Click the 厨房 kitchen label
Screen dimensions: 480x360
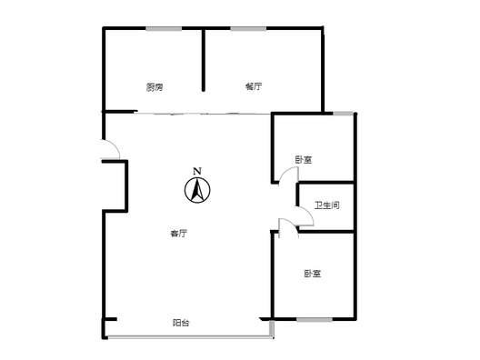click(155, 87)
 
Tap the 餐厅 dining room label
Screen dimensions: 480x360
click(254, 86)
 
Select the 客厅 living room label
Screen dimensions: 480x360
click(179, 234)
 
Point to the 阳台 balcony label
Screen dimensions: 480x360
click(181, 323)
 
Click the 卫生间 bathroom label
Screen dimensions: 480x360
click(327, 205)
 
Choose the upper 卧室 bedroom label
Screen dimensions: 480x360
click(304, 160)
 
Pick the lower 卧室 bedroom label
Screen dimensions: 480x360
click(313, 274)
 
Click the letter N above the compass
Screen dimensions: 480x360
click(197, 172)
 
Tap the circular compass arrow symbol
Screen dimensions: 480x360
click(197, 190)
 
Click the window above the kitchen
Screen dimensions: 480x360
click(164, 29)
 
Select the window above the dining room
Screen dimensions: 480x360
click(248, 29)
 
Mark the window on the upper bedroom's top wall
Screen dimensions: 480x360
click(343, 114)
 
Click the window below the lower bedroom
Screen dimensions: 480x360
click(315, 320)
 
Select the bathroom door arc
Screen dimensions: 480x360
click(308, 212)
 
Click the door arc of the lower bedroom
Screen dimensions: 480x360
click(291, 221)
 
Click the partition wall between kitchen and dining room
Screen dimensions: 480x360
click(204, 60)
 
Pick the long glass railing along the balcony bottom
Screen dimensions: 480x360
click(190, 337)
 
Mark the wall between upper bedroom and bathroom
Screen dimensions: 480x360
click(326, 183)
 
